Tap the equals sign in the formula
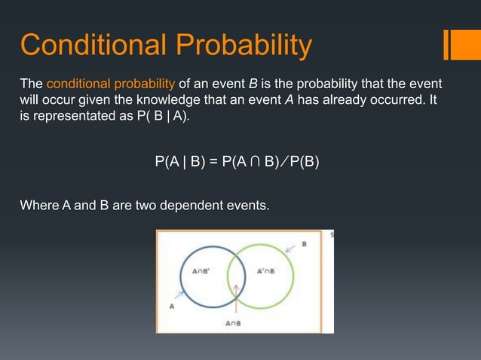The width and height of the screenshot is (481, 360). point(213,162)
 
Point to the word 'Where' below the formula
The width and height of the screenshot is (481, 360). point(38,203)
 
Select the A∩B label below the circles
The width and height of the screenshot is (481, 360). point(234,323)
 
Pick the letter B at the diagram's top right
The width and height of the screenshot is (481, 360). point(304,244)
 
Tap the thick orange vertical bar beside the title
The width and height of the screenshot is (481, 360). point(450,44)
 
